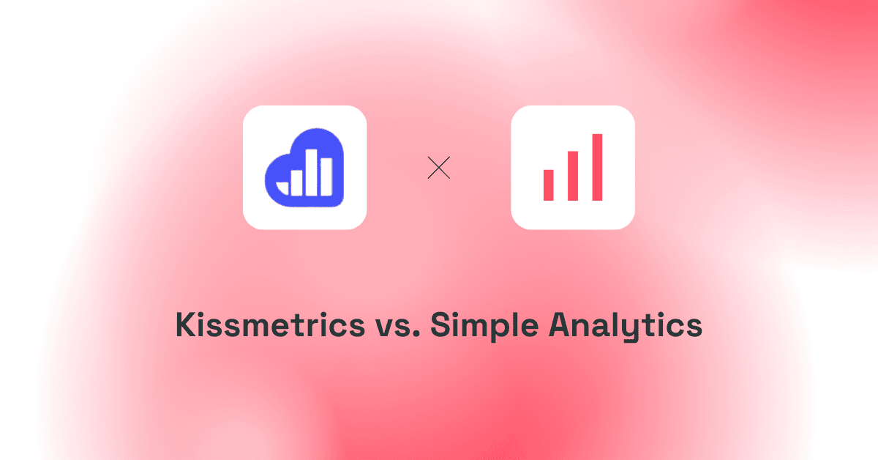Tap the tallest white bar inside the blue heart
coord(311,172)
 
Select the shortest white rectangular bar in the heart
coord(296,183)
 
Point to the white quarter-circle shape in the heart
coord(282,188)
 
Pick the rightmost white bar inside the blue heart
coord(326,177)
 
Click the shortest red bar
coord(548,185)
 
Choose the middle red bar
coord(573,176)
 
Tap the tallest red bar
coord(597,167)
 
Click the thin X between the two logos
coord(438,168)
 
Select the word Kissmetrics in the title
coord(271,324)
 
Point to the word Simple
coord(484,326)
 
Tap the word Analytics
coord(626,326)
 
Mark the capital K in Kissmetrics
coord(187,324)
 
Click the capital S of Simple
coord(440,324)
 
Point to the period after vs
coord(416,333)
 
